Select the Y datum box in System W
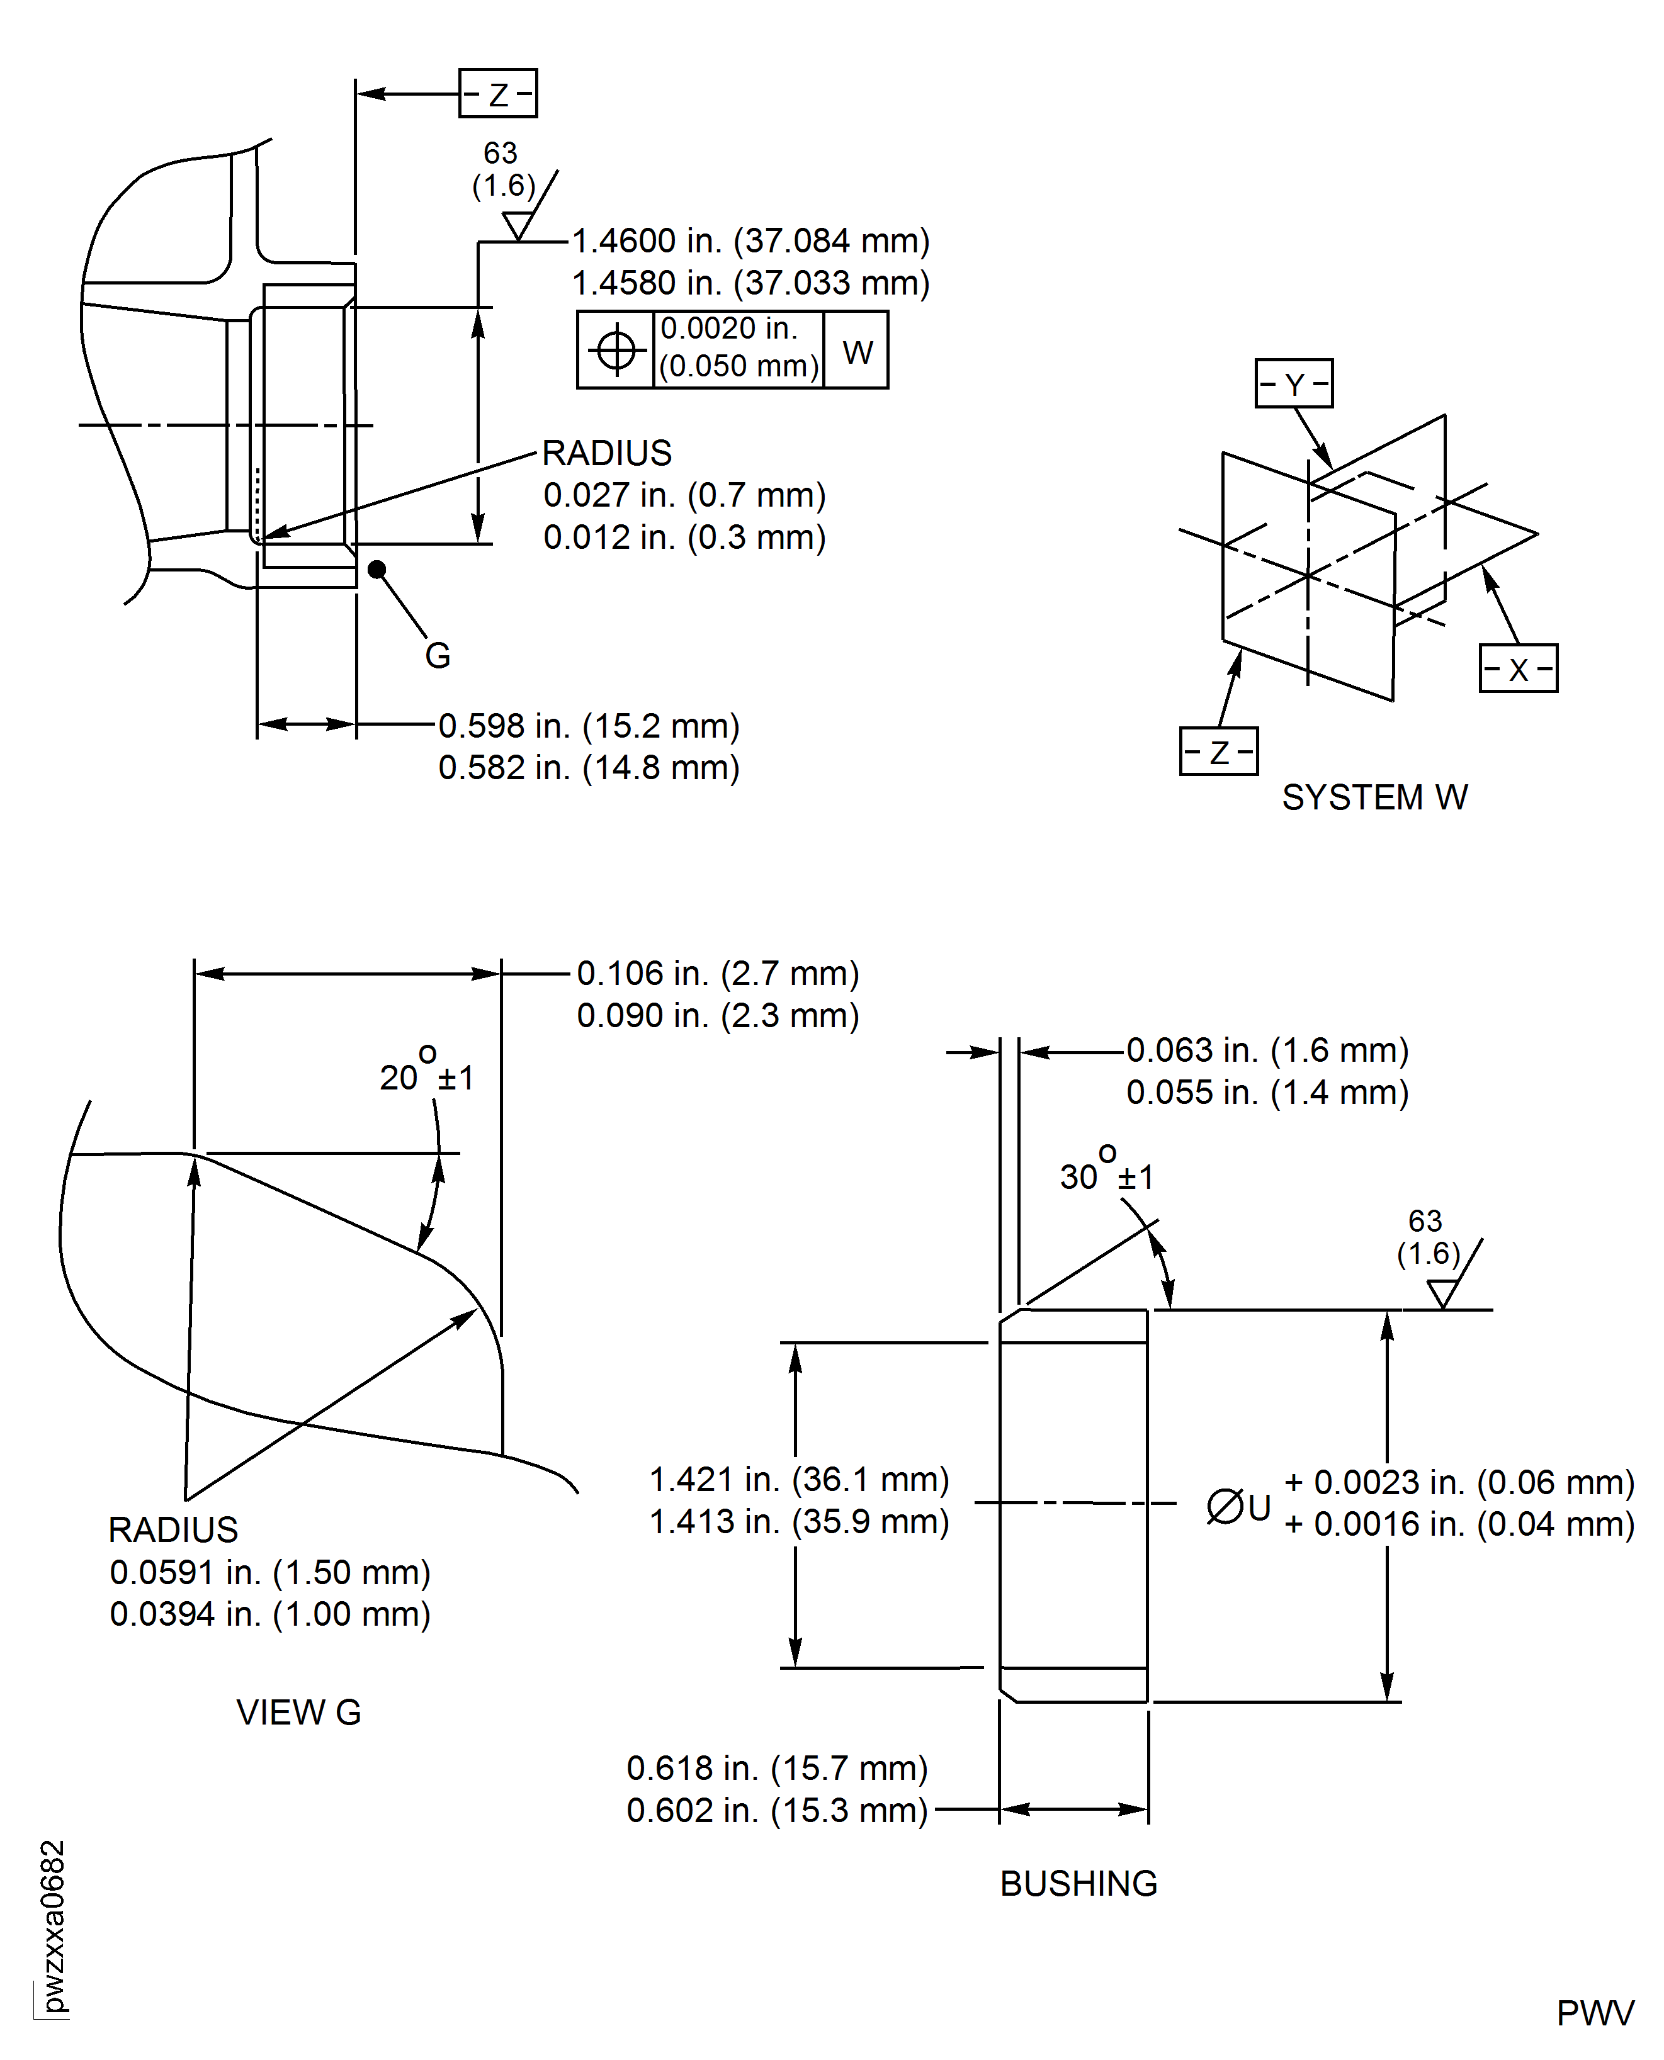point(1294,383)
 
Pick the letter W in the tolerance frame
point(857,352)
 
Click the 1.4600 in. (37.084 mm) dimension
point(750,240)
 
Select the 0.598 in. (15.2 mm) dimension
point(589,725)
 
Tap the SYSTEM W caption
point(1374,797)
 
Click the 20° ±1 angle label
point(426,1069)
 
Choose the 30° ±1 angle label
point(1106,1169)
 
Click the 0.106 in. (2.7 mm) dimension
point(718,974)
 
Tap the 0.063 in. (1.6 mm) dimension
point(1267,1050)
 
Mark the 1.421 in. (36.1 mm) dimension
point(800,1479)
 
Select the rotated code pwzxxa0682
point(54,1927)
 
